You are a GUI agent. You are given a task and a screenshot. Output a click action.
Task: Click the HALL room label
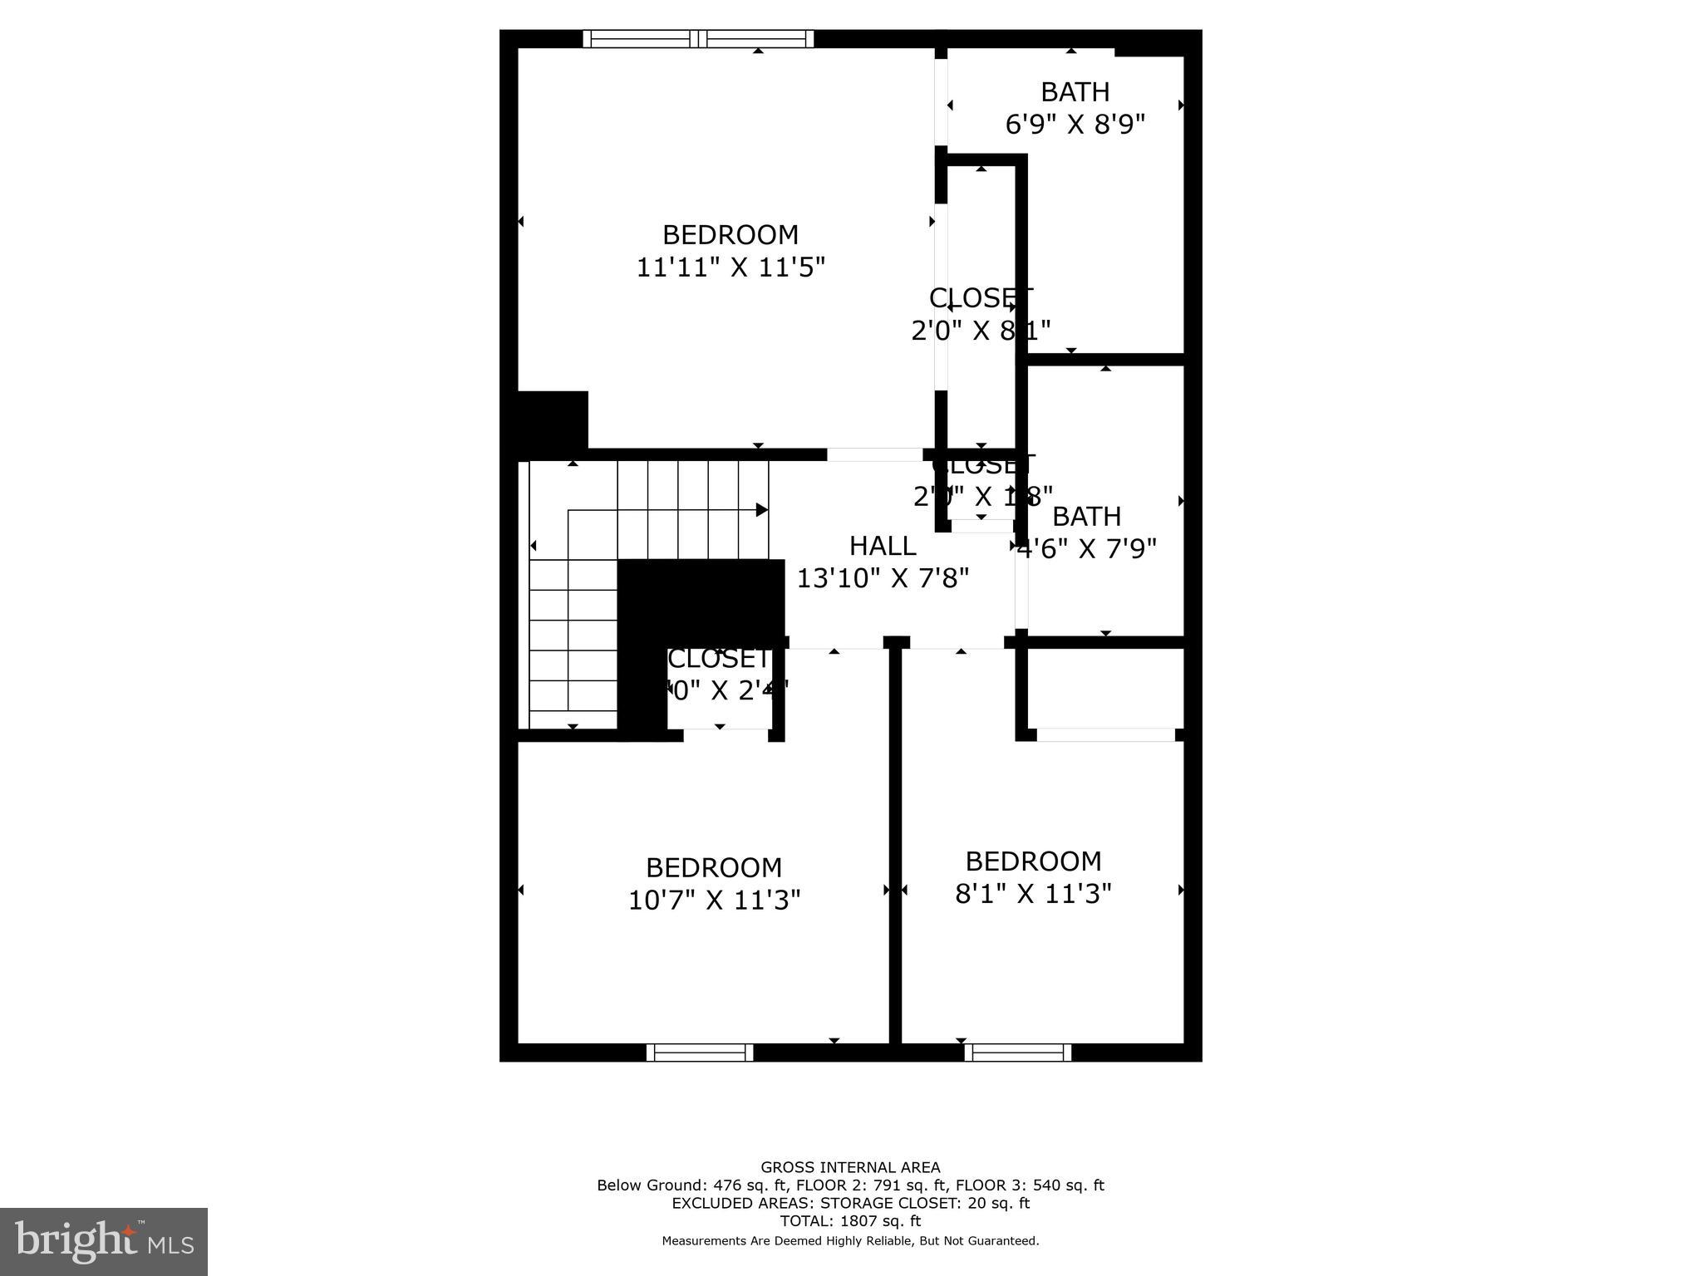click(x=883, y=546)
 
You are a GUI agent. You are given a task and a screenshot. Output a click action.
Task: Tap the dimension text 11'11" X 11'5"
click(x=730, y=267)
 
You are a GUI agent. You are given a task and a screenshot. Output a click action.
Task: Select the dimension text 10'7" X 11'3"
click(x=714, y=900)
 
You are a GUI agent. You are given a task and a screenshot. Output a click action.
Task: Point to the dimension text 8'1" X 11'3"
click(x=1033, y=893)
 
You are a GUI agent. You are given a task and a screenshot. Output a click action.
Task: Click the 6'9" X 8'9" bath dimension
click(x=1075, y=125)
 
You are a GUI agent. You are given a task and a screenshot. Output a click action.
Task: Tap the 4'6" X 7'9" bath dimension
click(x=1087, y=549)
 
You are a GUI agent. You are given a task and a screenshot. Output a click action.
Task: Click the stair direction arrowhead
click(x=761, y=509)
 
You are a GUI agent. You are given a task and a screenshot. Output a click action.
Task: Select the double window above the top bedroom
click(x=698, y=38)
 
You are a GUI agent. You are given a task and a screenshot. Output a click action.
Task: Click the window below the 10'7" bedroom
click(x=700, y=1053)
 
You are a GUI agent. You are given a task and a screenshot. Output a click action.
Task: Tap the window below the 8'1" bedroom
click(x=1018, y=1053)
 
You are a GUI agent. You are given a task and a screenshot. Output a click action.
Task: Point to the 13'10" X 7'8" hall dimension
click(x=883, y=578)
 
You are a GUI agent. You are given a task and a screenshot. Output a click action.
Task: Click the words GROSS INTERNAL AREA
click(x=850, y=1167)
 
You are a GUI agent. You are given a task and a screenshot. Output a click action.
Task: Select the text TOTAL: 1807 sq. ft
click(x=850, y=1221)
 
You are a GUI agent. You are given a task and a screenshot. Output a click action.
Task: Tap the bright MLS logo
click(x=104, y=1241)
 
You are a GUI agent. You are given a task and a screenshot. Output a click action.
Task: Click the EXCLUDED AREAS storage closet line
click(x=850, y=1203)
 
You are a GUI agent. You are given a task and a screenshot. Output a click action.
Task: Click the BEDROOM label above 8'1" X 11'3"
click(x=1033, y=861)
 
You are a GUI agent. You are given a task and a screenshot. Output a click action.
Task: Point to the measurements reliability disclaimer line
click(x=850, y=1241)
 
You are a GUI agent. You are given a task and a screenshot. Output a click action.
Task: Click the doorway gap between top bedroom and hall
click(x=874, y=454)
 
